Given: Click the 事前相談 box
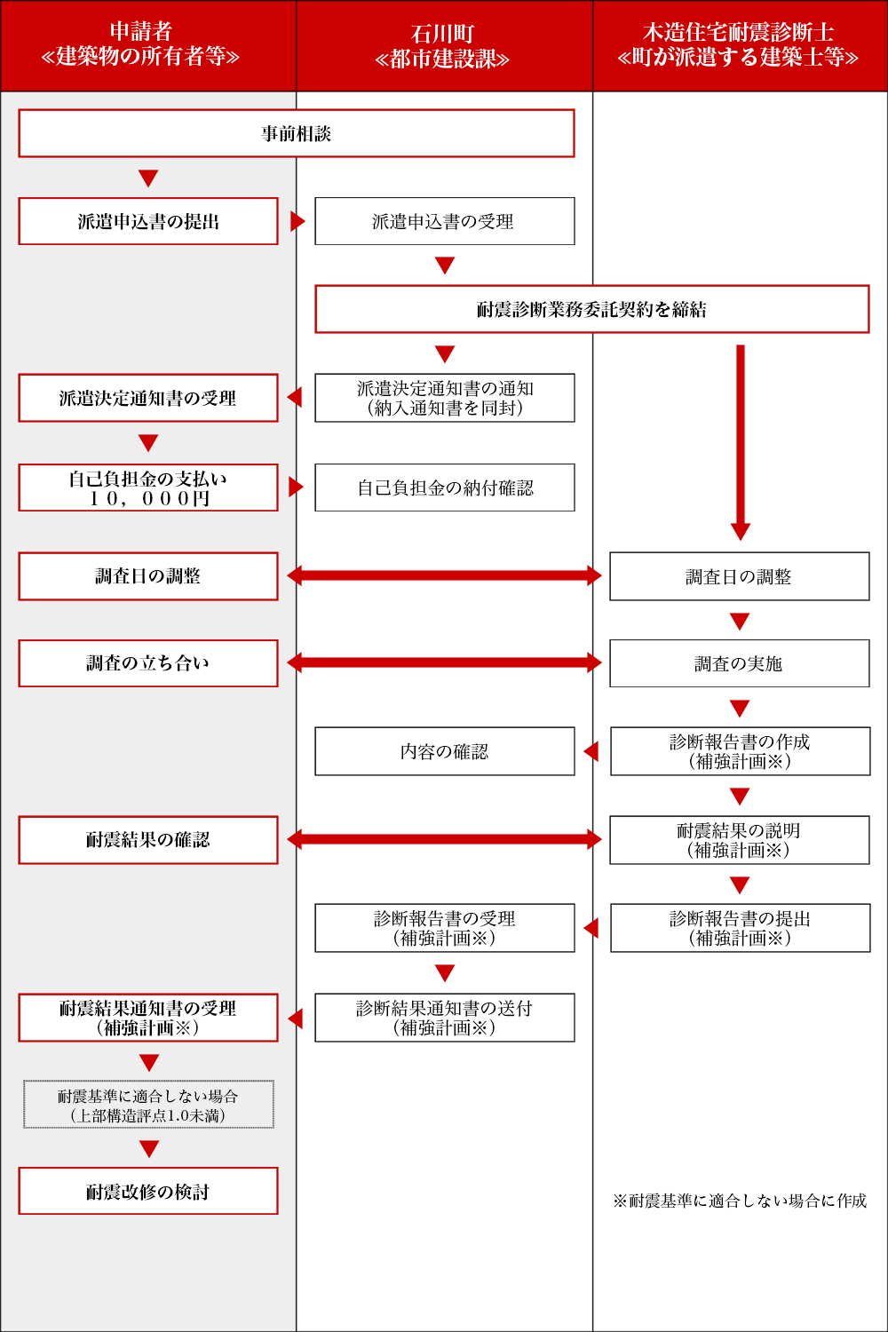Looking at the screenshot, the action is tap(297, 133).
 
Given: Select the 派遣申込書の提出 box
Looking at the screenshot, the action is tap(148, 221).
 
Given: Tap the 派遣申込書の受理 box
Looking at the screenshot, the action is tap(444, 221).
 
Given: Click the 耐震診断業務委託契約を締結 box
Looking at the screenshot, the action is tap(591, 309).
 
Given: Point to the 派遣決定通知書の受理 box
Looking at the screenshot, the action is tap(148, 398).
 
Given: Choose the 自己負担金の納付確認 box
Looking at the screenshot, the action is tap(444, 488).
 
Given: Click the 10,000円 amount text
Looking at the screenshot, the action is tap(148, 498).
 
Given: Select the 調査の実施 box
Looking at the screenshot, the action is tap(740, 663).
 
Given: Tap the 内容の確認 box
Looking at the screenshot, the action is tap(444, 751).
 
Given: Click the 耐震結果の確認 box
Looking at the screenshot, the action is tap(148, 840).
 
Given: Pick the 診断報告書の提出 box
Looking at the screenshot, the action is tap(740, 928).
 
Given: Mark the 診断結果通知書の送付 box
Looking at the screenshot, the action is tap(444, 1018).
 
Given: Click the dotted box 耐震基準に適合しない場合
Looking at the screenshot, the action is tap(148, 1105).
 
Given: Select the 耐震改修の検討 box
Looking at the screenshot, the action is tap(148, 1191).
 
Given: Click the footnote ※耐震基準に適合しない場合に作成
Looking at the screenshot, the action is tap(740, 1201).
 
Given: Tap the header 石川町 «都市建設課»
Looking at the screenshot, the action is tap(442, 46).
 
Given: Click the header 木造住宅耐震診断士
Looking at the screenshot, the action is tap(738, 31).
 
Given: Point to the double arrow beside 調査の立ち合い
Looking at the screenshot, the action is tap(444, 662).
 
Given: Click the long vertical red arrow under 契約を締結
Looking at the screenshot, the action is tap(741, 442).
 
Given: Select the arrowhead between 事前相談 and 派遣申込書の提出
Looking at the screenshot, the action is tap(148, 178).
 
